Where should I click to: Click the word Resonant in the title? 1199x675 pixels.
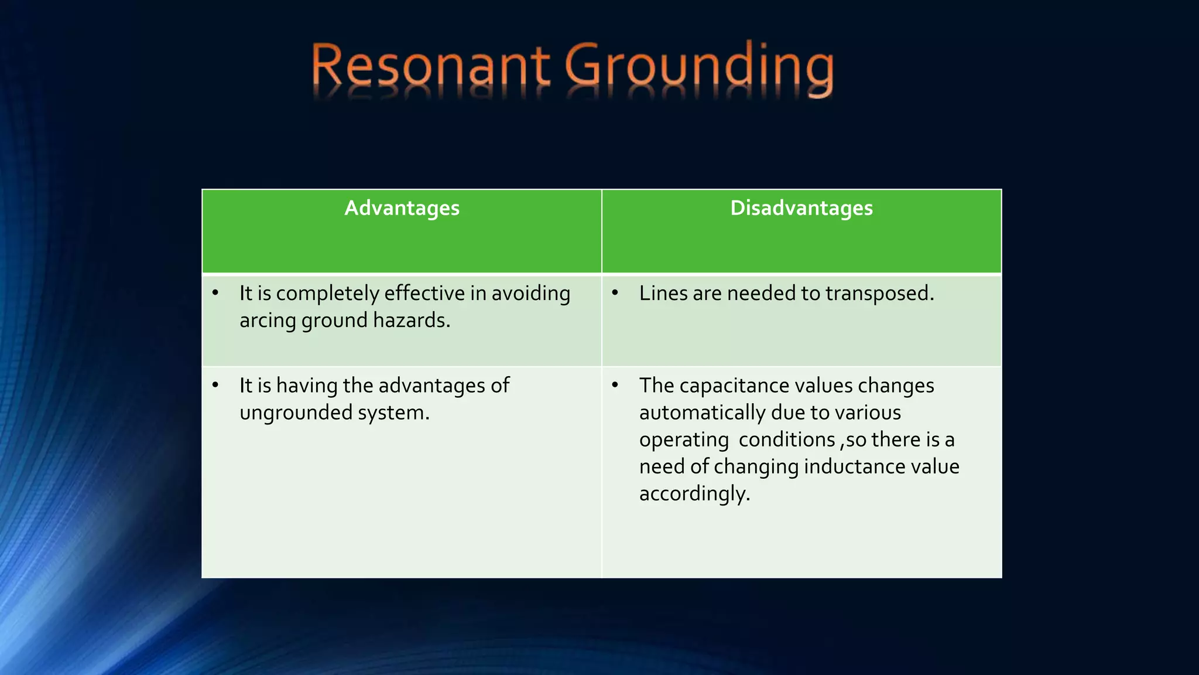click(430, 66)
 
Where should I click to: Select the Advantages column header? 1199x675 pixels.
click(402, 208)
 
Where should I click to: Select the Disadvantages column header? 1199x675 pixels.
click(801, 208)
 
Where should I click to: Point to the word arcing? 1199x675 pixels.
click(268, 321)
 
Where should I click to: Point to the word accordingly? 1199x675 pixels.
click(694, 494)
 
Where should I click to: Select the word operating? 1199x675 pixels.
click(684, 440)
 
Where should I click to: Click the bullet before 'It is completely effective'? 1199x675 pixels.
click(215, 292)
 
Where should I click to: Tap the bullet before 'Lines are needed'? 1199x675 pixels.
click(615, 292)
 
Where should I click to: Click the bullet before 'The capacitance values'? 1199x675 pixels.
click(615, 385)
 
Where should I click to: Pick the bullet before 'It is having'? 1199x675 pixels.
click(215, 385)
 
